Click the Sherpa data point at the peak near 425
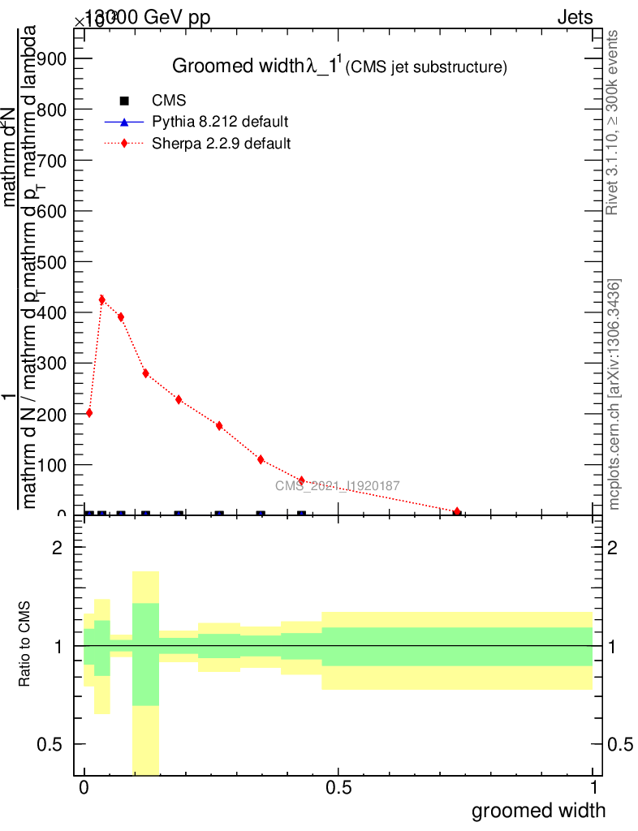pyautogui.click(x=101, y=299)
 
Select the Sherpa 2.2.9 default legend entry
pyautogui.click(x=221, y=144)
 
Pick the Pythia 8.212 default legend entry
pyautogui.click(x=219, y=122)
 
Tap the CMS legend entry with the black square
pyautogui.click(x=169, y=101)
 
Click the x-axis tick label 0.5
pyautogui.click(x=338, y=788)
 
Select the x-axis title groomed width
pyautogui.click(x=538, y=810)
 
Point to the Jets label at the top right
pyautogui.click(x=575, y=17)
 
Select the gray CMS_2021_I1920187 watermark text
pyautogui.click(x=337, y=486)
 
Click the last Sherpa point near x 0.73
pyautogui.click(x=457, y=512)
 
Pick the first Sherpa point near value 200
pyautogui.click(x=89, y=413)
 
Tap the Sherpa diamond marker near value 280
pyautogui.click(x=145, y=373)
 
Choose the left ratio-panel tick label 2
pyautogui.click(x=58, y=548)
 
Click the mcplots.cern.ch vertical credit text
pyautogui.click(x=614, y=394)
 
